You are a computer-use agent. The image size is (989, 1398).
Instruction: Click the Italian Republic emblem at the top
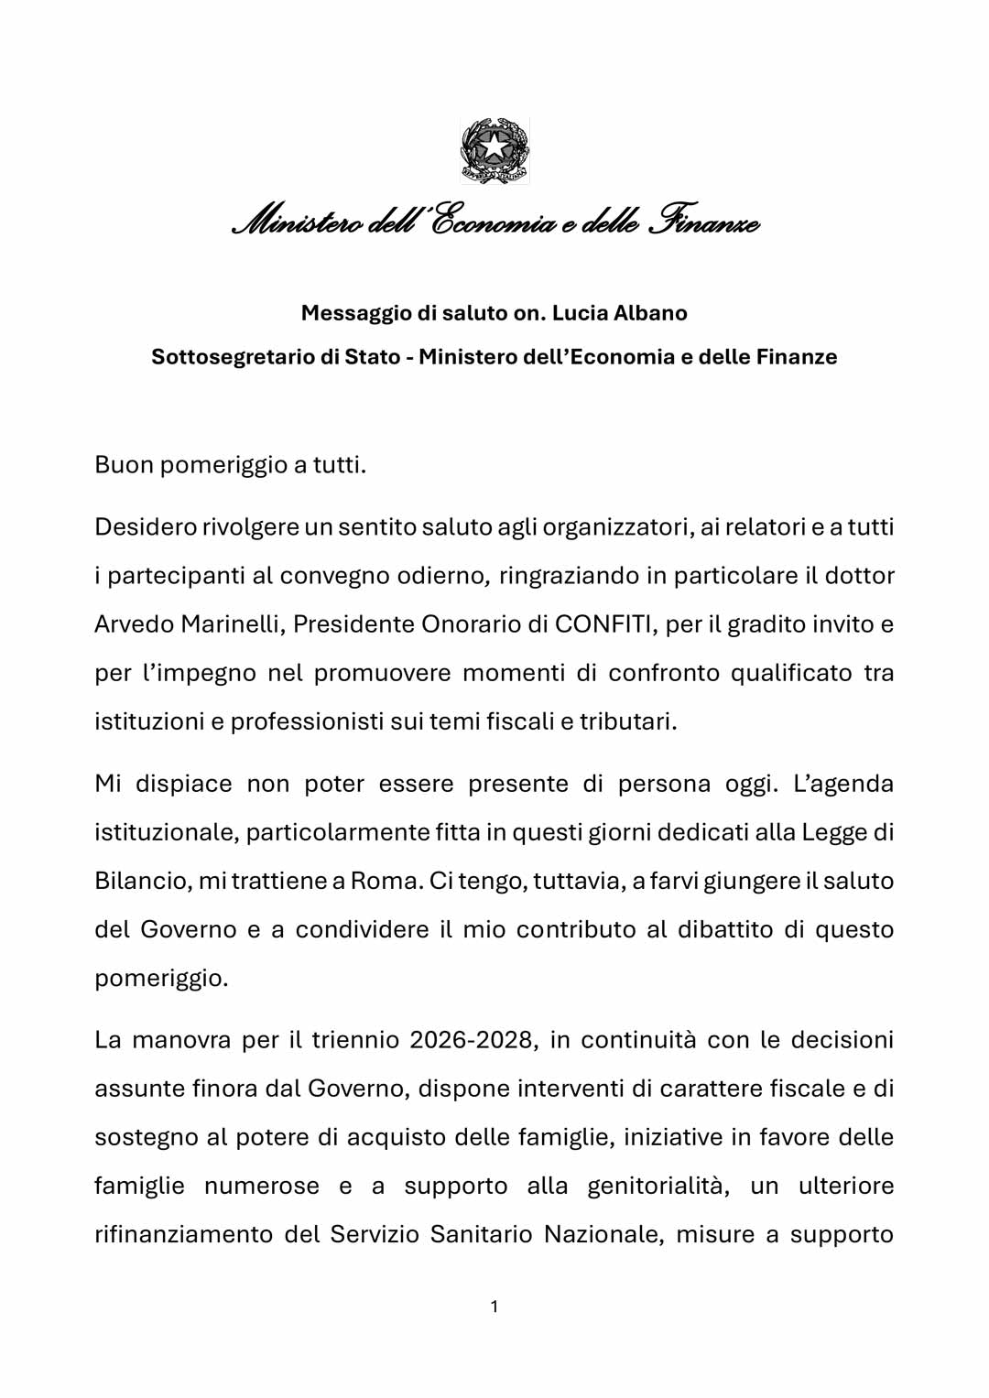(x=494, y=150)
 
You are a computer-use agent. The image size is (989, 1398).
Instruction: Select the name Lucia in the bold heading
(x=580, y=313)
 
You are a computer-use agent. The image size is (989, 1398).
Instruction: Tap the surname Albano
(x=650, y=313)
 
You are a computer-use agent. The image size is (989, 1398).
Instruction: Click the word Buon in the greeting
(x=125, y=465)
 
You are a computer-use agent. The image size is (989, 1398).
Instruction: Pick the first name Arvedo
(x=134, y=624)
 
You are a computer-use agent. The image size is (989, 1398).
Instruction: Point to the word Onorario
(x=470, y=624)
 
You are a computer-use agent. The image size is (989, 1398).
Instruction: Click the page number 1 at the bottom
(x=494, y=1306)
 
